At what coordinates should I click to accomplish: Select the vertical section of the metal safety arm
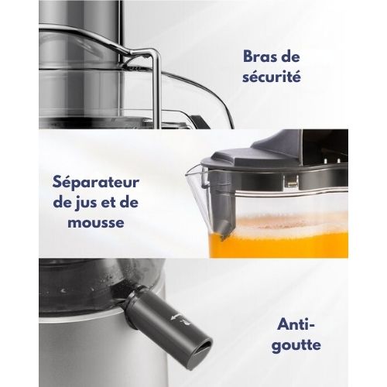156,93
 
